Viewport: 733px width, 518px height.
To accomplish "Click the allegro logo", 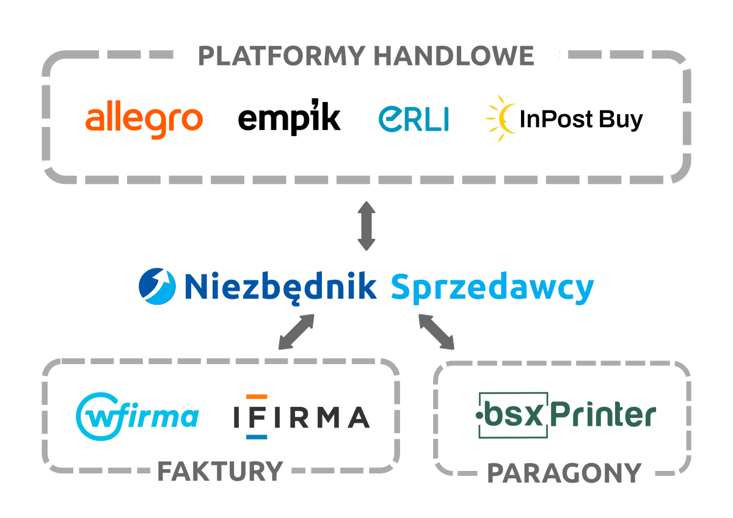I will [144, 119].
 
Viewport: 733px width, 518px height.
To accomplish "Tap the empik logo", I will [289, 117].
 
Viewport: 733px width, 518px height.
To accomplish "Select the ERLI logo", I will [414, 119].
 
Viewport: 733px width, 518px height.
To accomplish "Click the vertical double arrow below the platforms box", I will [366, 225].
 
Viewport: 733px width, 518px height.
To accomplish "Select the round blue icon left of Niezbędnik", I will [157, 286].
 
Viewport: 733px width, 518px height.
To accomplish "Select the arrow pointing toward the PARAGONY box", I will [437, 332].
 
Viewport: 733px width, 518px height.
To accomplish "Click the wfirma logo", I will [137, 417].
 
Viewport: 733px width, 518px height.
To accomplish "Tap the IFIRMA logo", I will [301, 417].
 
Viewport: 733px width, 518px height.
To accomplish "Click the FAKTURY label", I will [221, 472].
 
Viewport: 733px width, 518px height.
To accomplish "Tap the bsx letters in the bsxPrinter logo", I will [519, 416].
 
